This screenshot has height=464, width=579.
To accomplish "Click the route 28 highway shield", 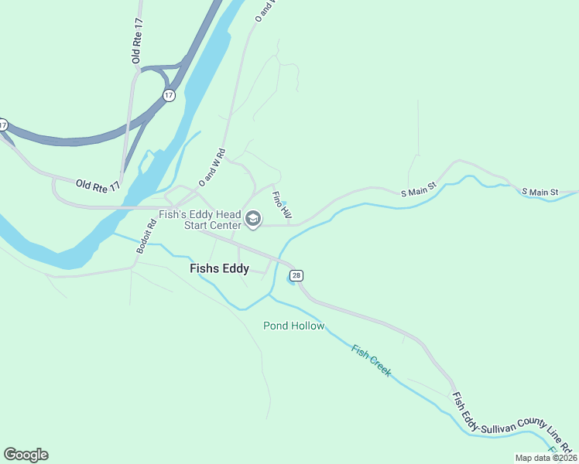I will pos(297,275).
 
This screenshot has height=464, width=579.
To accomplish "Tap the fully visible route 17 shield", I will pos(169,95).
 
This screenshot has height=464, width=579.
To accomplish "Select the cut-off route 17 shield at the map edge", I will pos(3,125).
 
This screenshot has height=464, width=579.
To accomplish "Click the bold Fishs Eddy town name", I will pos(220,268).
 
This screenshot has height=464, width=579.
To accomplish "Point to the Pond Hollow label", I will pos(293,326).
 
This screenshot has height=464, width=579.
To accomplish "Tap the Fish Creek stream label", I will pos(372,360).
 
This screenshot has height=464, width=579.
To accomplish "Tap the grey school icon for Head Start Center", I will pos(252,220).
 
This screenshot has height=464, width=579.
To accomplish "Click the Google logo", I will pos(26,455).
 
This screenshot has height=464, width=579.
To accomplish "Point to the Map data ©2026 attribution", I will pos(546,458).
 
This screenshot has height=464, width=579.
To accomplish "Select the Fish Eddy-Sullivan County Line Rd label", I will pos(511,423).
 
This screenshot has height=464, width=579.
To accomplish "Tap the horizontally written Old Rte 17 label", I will pos(98,185).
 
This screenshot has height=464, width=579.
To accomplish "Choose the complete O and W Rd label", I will pos(211,167).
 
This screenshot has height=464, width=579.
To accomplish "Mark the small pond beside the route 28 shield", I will pos(290,281).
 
